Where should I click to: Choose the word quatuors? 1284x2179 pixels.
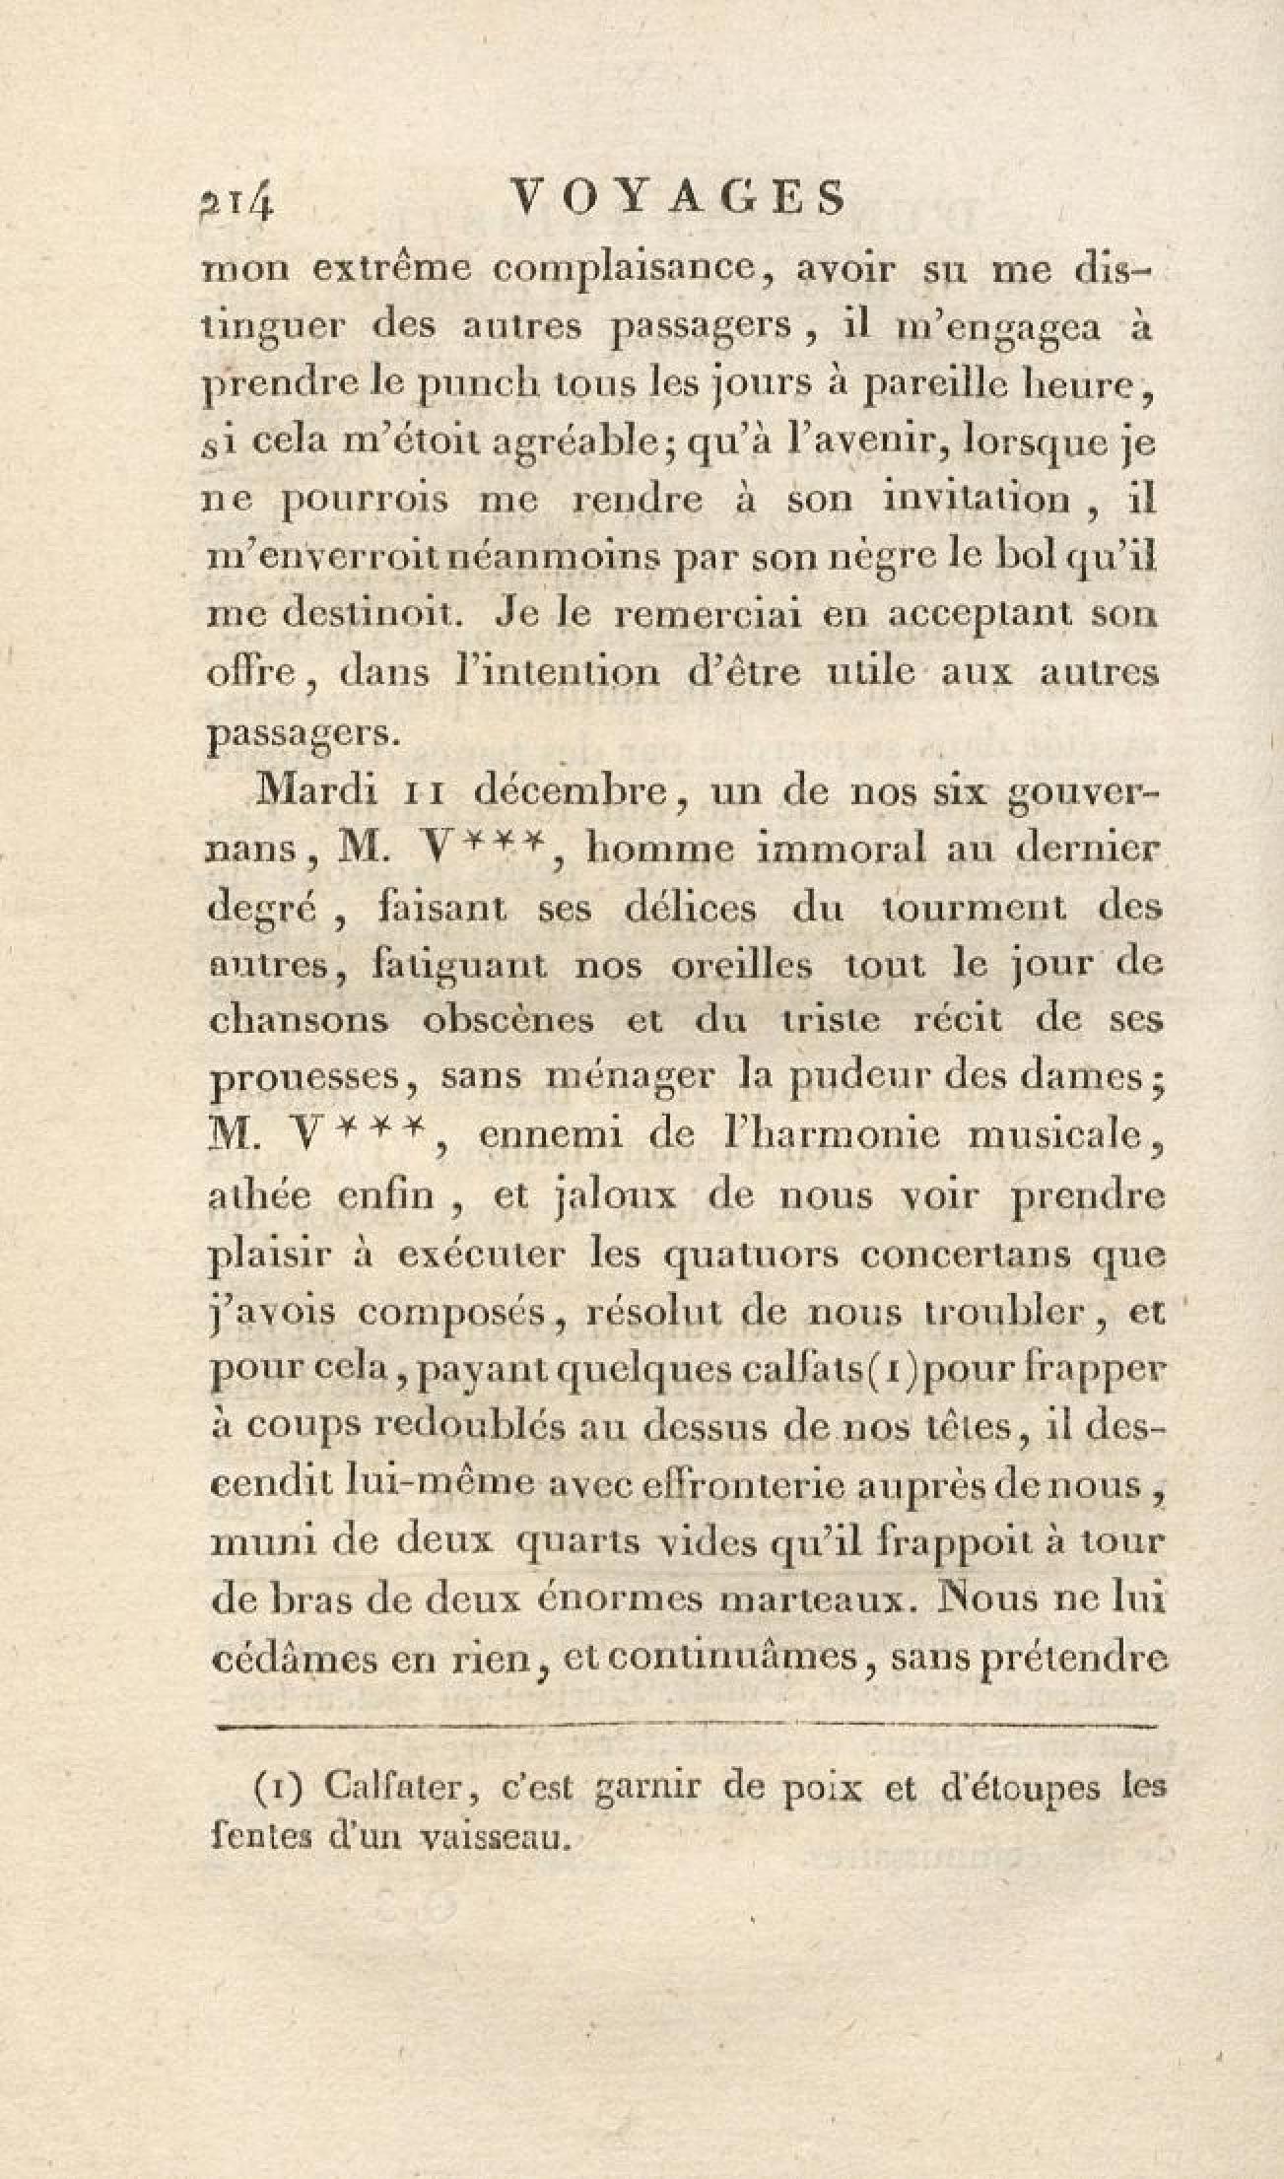(747, 1257)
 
